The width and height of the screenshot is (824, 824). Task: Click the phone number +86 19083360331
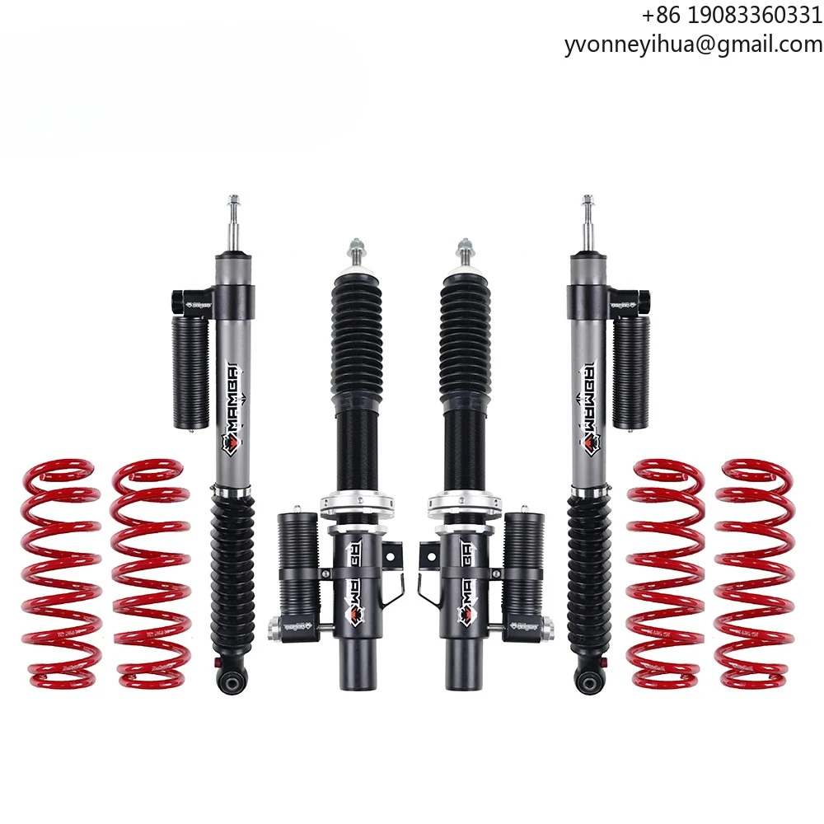(x=731, y=16)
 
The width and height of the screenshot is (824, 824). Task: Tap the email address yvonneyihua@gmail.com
(x=693, y=44)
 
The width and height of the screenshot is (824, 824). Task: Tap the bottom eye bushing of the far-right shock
(x=588, y=681)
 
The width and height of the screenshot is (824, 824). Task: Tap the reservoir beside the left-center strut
(x=299, y=569)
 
